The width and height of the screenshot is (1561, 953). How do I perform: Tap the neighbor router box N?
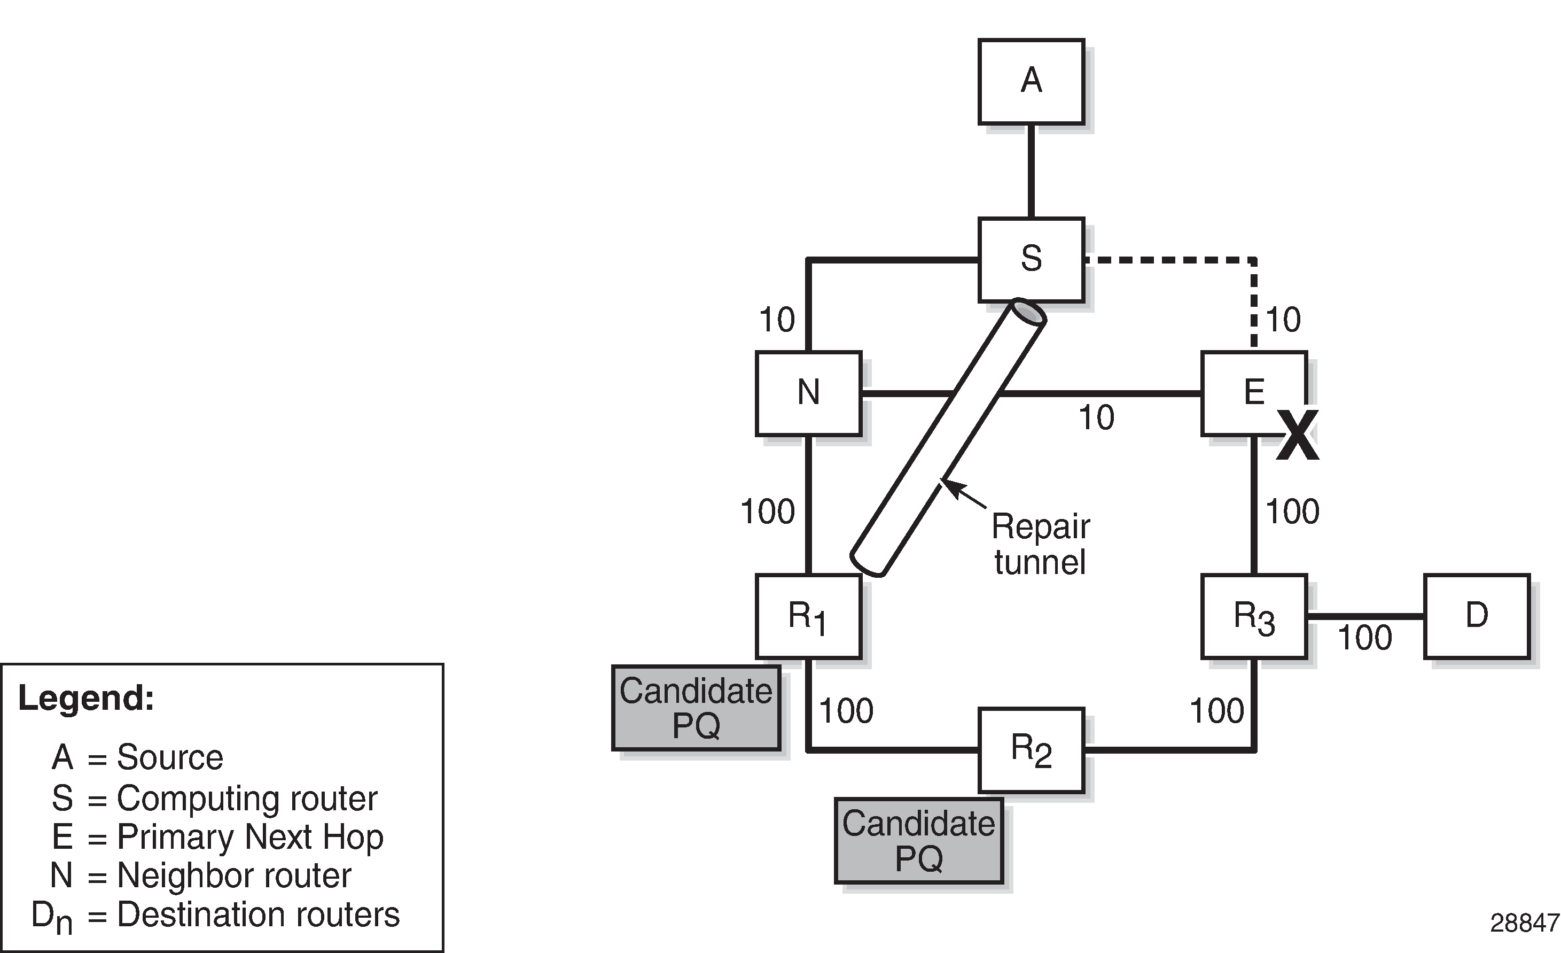click(x=808, y=393)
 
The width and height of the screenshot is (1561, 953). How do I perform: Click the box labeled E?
click(x=1254, y=393)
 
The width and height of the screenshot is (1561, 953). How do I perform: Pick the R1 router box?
click(x=808, y=616)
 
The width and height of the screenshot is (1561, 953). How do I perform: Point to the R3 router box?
click(x=1254, y=616)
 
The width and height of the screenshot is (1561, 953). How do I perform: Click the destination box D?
click(x=1477, y=616)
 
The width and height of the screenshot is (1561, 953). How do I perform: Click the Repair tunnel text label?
click(x=1040, y=544)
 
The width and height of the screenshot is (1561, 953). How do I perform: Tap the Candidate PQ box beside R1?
click(x=696, y=708)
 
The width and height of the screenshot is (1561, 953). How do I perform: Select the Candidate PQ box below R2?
click(x=919, y=841)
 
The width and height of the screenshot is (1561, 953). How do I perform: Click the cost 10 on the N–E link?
click(x=1096, y=418)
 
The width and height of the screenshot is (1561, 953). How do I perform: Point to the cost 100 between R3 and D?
click(x=1364, y=638)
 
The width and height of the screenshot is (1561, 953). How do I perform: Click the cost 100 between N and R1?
click(x=767, y=512)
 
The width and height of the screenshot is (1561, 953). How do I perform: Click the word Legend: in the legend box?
click(x=86, y=698)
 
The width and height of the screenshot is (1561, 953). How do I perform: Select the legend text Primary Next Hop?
click(x=250, y=837)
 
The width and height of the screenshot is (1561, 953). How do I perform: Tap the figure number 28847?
click(x=1524, y=924)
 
